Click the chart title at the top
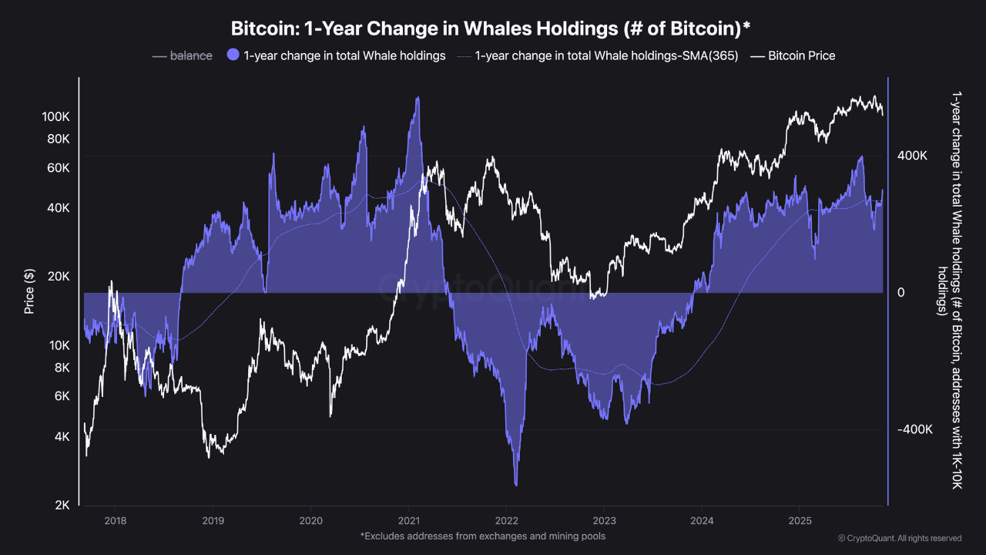491,29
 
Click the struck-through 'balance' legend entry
190,55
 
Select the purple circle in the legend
233,55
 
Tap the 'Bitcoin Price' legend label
801,55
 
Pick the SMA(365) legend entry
606,55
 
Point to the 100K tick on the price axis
57,117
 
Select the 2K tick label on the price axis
62,506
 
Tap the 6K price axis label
62,396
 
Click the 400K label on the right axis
912,156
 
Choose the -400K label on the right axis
914,430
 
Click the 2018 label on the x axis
115,521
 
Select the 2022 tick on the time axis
507,521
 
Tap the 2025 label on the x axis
800,521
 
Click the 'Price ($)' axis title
29,291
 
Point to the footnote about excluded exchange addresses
482,536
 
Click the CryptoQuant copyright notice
899,538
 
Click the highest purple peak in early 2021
418,98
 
